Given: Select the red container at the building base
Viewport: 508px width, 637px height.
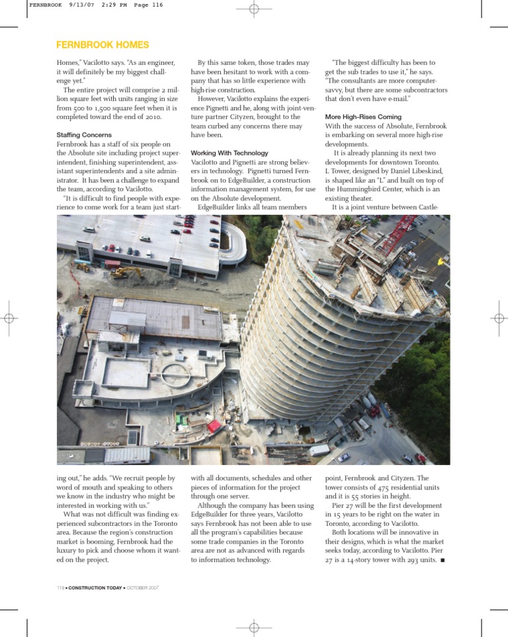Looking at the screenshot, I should tap(214, 426).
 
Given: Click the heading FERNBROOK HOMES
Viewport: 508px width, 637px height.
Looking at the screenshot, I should tap(103, 46).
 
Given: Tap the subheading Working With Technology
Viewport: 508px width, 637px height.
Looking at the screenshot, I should tap(229, 153).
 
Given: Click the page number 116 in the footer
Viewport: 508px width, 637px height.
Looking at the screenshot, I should tap(62, 587).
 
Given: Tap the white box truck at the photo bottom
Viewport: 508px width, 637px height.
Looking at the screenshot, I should tap(320, 450).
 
